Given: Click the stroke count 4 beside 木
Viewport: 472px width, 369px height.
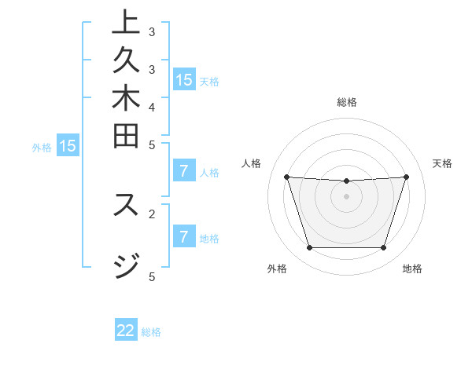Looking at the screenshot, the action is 152,107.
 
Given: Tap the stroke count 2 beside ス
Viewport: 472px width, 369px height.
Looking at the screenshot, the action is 152,213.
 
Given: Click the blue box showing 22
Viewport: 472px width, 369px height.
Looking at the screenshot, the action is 126,331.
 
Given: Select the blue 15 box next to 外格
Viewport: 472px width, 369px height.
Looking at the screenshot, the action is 68,145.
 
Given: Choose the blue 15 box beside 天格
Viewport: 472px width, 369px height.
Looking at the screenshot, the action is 184,79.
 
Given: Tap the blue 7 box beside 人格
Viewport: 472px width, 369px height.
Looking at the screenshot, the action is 184,170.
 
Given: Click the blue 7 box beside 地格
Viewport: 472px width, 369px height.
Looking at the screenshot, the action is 184,236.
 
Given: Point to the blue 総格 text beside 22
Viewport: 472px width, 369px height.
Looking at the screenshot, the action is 151,332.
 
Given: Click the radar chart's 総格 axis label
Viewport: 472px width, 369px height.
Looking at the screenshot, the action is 347,102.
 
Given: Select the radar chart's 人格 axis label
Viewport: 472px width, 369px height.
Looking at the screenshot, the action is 252,163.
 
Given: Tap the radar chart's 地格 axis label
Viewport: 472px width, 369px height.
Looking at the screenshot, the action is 412,269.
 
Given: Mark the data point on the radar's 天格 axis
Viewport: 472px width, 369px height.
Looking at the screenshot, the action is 406,177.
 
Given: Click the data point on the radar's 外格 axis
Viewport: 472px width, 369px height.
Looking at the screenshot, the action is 309,248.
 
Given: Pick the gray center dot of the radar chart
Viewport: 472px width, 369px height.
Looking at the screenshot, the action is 347,196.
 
